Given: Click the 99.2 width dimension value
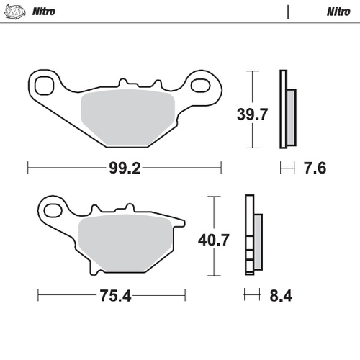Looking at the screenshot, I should click(x=123, y=168).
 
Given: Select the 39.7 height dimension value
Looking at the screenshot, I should click(x=253, y=113).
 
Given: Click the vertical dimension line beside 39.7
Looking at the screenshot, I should click(x=251, y=109).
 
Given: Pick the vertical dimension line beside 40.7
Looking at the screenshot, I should click(x=215, y=235).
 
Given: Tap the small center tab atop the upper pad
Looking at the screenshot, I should click(x=124, y=83).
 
